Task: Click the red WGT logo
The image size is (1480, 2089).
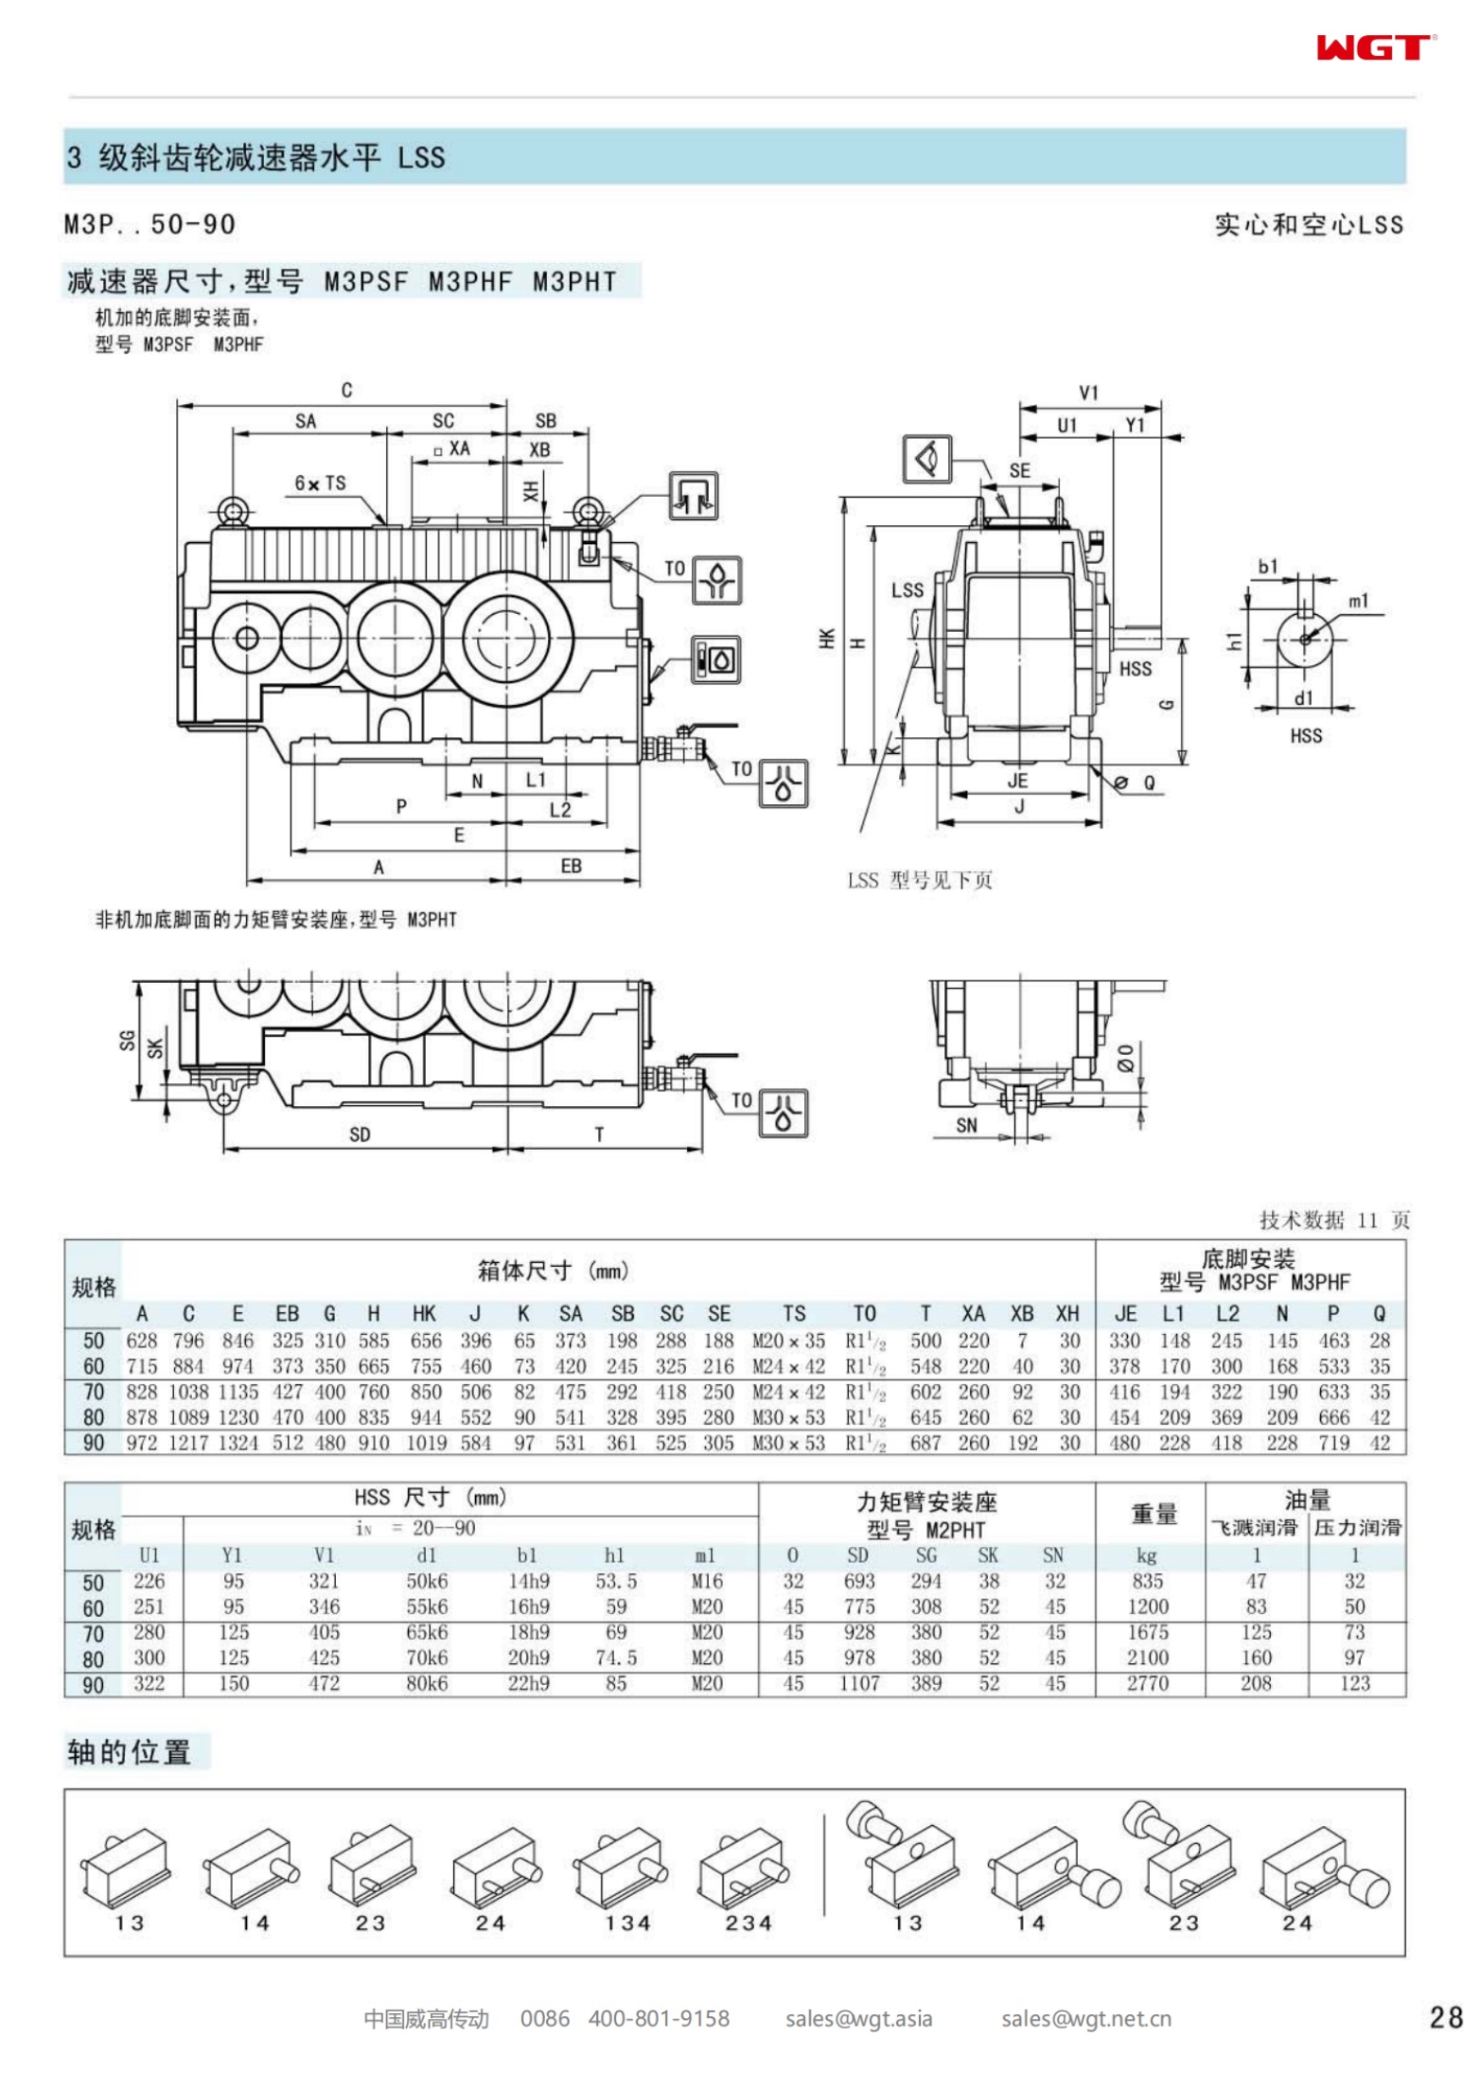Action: [x=1374, y=47]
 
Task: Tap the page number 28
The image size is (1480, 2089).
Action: [x=1445, y=2017]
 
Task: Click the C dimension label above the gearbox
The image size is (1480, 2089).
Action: [x=346, y=390]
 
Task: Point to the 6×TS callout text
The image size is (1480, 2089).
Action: [x=320, y=483]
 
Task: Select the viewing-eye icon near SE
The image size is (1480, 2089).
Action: [x=926, y=459]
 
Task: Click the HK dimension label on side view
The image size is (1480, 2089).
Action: [x=827, y=639]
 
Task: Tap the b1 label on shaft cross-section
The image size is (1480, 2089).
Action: [x=1267, y=567]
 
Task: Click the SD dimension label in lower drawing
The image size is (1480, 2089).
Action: [x=360, y=1134]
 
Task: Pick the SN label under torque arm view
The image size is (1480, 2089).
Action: [x=966, y=1125]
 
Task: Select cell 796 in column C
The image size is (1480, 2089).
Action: [x=188, y=1341]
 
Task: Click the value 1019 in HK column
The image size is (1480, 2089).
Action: [x=426, y=1443]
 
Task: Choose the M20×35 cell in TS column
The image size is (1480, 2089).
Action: [x=788, y=1341]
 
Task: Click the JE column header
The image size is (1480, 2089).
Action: [x=1125, y=1314]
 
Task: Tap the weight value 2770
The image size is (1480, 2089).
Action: [x=1147, y=1683]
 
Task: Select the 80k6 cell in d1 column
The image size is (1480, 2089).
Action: [x=427, y=1683]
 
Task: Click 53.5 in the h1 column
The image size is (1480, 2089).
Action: [x=616, y=1581]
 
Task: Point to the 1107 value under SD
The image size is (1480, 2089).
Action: [x=858, y=1683]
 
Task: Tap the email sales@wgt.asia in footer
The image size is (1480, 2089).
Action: [x=858, y=2019]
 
